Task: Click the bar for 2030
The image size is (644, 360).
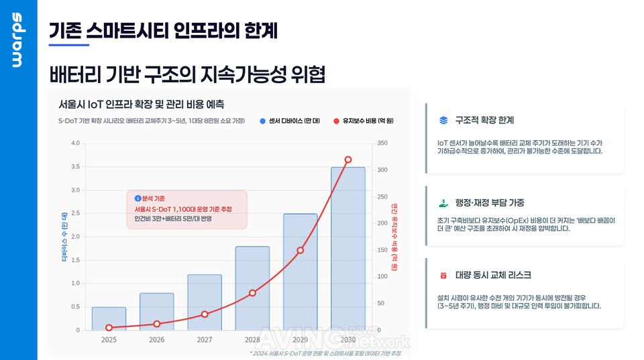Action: point(348,248)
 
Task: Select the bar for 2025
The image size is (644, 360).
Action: point(109,318)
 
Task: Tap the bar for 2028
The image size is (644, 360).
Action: point(252,288)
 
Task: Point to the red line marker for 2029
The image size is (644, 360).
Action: point(301,250)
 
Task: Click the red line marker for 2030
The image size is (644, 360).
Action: point(348,160)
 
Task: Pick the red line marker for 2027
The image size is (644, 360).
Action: point(205,314)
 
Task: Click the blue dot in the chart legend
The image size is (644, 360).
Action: point(262,121)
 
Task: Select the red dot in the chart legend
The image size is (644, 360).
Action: point(336,121)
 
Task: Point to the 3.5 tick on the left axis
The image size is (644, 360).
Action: point(75,166)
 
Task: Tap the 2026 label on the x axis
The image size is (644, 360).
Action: point(156,340)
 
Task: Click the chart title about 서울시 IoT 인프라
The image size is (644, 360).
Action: point(141,105)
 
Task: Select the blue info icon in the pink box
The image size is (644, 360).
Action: point(138,198)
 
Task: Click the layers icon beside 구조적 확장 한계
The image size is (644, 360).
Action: point(443,121)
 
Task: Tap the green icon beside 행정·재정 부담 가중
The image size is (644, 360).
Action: point(443,202)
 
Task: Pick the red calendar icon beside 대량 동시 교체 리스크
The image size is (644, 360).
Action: point(443,275)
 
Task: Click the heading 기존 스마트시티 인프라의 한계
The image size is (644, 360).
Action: point(163,30)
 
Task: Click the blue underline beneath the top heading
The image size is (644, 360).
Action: point(69,45)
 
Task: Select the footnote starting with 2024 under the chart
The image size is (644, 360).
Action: point(325,353)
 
